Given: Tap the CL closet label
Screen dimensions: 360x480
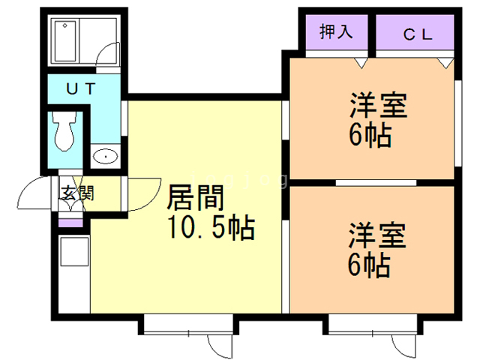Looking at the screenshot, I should click(415, 34).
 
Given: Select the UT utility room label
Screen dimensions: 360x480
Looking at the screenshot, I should click(82, 88).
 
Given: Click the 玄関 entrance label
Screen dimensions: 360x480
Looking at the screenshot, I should click(76, 193).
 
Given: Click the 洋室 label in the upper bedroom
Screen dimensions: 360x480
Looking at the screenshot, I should click(377, 106).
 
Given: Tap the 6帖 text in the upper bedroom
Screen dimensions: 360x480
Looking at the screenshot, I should click(370, 136).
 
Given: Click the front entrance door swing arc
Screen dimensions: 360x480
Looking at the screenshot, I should click(34, 197).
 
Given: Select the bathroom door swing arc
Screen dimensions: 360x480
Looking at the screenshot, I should click(109, 56).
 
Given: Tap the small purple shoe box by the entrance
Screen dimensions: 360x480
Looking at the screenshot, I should click(71, 222).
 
